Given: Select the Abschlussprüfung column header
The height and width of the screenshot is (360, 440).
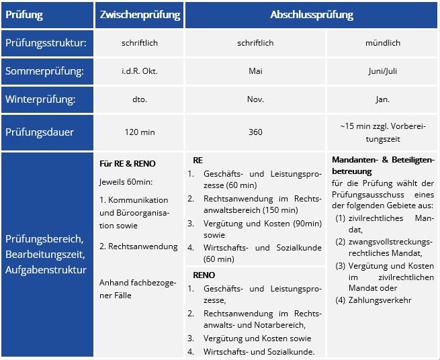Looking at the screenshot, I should [312, 14].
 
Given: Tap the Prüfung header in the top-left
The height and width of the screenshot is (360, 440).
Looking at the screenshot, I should [24, 14].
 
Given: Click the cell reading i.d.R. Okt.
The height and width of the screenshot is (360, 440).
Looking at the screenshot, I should [139, 71].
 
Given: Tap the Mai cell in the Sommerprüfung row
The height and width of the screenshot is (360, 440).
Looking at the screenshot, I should [255, 71].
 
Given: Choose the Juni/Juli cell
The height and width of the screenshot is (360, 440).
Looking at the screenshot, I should [383, 71].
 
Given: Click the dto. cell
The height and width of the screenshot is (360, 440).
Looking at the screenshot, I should [139, 99].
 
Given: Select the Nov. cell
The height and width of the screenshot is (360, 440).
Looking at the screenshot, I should [255, 99].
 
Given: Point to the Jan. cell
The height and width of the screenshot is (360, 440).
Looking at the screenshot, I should [383, 99].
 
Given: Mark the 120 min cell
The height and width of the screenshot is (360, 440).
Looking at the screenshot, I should [139, 132].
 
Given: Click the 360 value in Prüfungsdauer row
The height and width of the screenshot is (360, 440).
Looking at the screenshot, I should [255, 132].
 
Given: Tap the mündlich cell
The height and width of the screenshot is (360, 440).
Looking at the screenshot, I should [383, 43].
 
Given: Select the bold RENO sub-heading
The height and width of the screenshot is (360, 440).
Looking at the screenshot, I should [205, 275].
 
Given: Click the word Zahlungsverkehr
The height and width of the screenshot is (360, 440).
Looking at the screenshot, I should [380, 300].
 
